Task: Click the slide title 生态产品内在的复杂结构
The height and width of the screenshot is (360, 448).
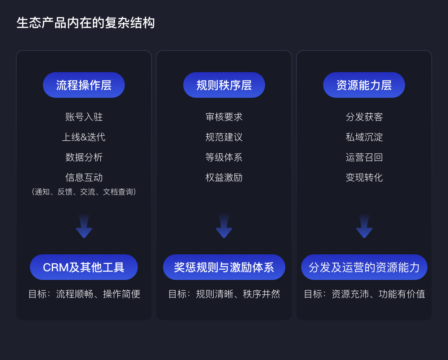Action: [85, 23]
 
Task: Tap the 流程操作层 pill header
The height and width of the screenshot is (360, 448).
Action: [84, 85]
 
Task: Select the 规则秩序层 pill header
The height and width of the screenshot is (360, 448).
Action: [224, 85]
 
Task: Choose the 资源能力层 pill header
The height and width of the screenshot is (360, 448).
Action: [364, 85]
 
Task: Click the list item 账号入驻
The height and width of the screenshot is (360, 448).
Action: [84, 117]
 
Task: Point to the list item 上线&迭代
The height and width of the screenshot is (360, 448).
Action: [84, 137]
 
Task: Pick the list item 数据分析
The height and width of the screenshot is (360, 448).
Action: [84, 157]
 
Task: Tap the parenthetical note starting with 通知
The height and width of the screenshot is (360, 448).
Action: [84, 192]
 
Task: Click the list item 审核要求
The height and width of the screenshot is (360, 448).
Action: [224, 117]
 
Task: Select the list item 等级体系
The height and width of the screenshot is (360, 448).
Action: [224, 157]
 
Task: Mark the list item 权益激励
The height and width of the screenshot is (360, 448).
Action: [224, 177]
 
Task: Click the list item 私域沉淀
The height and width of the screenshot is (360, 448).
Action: [364, 137]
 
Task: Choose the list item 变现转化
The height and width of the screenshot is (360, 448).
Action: [364, 177]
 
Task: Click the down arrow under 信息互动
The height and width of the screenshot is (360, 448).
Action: [84, 226]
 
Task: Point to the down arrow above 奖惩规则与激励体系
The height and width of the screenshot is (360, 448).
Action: [224, 226]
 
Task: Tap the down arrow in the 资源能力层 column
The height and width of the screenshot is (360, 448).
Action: [364, 226]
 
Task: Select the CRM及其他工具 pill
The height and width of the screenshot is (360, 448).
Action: [84, 267]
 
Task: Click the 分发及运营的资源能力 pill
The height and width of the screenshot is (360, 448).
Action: [364, 267]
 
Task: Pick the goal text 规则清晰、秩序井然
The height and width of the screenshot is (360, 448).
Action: [238, 294]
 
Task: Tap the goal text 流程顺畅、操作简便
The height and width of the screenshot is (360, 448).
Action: [98, 294]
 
